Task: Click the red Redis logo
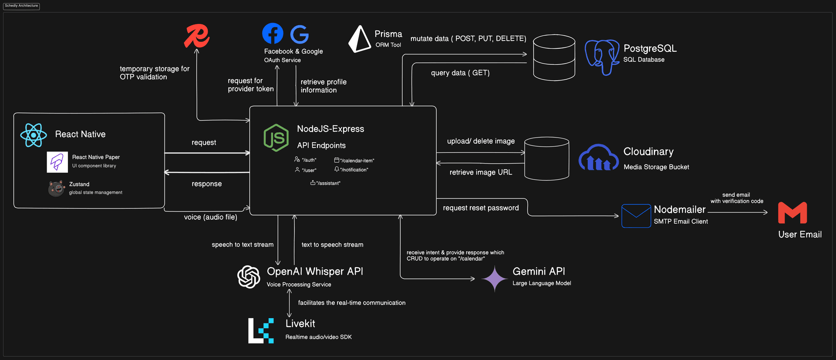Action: (x=196, y=36)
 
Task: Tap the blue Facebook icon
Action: (x=273, y=34)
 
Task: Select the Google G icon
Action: (x=300, y=34)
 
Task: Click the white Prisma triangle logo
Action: (x=359, y=39)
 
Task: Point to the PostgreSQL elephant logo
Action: (x=602, y=57)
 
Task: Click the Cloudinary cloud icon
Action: (x=598, y=158)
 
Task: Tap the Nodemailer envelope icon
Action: (x=636, y=216)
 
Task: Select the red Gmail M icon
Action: (x=792, y=213)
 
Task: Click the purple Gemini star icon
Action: (x=495, y=279)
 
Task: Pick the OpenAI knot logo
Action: (x=249, y=277)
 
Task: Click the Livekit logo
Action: (x=261, y=331)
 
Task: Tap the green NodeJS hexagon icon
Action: (x=276, y=138)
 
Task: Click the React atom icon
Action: (x=34, y=135)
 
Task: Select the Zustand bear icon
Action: (x=56, y=188)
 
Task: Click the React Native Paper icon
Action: (x=57, y=162)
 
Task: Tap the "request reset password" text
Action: (x=481, y=208)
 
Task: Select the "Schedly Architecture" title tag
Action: (x=21, y=6)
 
